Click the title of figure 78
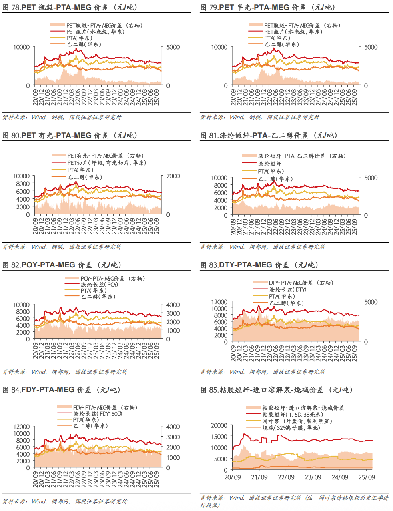tap(70, 7)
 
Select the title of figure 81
tap(269, 135)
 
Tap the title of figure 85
tap(277, 389)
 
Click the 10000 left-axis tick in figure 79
tap(219, 47)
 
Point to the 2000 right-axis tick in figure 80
tap(173, 176)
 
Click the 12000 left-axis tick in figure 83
tap(219, 302)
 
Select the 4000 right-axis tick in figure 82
tap(173, 305)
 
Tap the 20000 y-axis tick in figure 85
tap(219, 425)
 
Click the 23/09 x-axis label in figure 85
tap(313, 477)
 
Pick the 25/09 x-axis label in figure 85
tap(366, 477)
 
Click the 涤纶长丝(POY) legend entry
tap(99, 285)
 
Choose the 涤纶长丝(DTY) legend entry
tap(287, 289)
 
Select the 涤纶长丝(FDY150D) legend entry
tap(98, 414)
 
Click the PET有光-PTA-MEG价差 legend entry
tap(105, 156)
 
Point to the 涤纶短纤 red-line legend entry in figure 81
tap(269, 164)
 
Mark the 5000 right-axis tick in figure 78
tap(173, 47)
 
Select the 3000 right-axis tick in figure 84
tap(173, 437)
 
